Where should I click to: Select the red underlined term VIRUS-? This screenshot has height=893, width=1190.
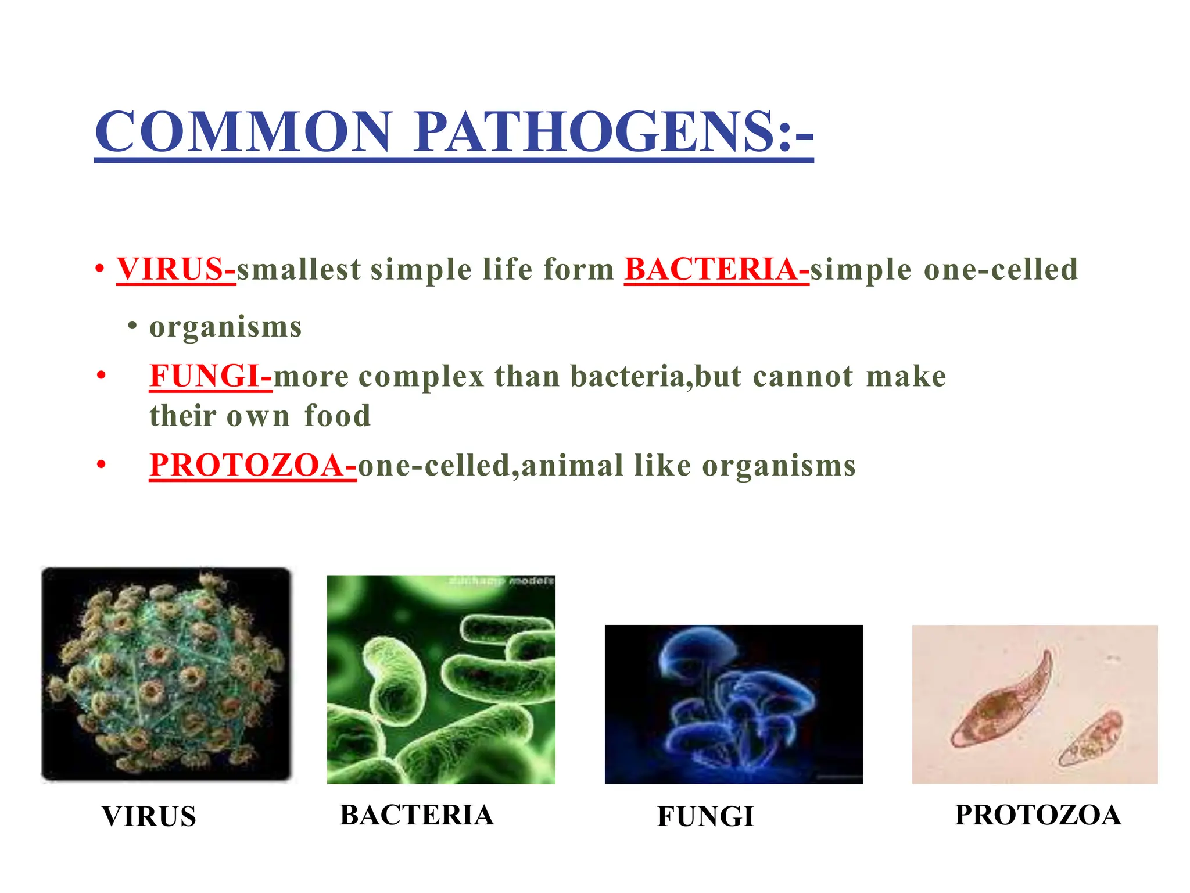[x=176, y=269]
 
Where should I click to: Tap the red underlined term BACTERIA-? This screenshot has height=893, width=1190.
[x=716, y=269]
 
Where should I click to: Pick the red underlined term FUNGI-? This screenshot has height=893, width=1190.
[x=210, y=376]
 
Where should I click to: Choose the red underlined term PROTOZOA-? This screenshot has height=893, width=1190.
[x=253, y=466]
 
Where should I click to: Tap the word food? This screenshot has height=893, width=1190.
[x=338, y=416]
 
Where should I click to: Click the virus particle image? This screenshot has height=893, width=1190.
[x=166, y=674]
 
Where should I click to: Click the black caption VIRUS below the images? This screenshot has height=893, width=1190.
[x=149, y=816]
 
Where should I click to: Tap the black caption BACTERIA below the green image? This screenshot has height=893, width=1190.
[x=417, y=815]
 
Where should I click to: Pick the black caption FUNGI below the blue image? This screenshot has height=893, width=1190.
[x=705, y=816]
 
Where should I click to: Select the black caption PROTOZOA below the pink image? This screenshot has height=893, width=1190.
[x=1038, y=815]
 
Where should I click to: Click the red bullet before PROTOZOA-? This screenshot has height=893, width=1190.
[x=102, y=465]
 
